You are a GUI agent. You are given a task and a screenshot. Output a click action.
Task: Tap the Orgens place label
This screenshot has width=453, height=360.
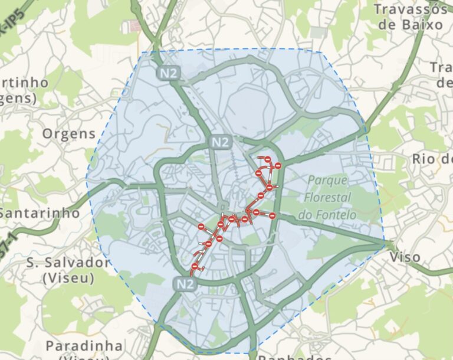tap(69, 133)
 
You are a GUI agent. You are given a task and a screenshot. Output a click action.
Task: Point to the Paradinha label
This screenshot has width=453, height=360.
tap(85, 346)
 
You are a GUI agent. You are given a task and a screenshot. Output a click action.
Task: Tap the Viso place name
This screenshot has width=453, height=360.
tap(405, 257)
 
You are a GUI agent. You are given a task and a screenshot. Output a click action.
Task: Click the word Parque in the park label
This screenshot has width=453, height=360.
tap(327, 180)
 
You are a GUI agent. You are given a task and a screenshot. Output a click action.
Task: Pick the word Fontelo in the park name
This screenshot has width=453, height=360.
tap(327, 215)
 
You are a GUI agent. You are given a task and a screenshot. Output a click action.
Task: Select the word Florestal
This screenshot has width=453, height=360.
tap(328, 197)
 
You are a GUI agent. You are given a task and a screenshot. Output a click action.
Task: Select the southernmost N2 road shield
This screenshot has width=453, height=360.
tap(185, 284)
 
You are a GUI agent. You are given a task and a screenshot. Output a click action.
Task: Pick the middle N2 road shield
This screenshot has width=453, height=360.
tap(220, 142)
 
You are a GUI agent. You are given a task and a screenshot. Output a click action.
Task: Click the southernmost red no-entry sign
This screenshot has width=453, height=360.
tap(195, 267)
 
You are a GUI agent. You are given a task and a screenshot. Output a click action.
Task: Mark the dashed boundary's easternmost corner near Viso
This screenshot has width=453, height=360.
tap(385, 242)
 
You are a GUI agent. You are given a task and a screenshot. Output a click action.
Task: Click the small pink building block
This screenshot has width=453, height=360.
tap(135, 26)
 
